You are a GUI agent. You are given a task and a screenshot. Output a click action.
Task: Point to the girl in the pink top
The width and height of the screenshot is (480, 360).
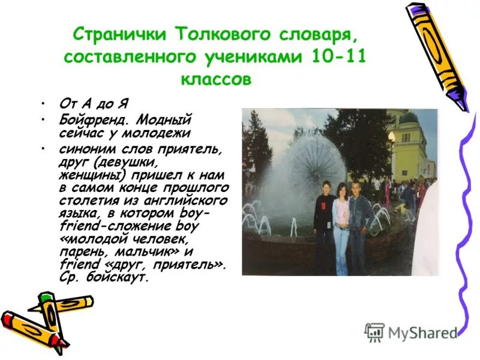341,228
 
